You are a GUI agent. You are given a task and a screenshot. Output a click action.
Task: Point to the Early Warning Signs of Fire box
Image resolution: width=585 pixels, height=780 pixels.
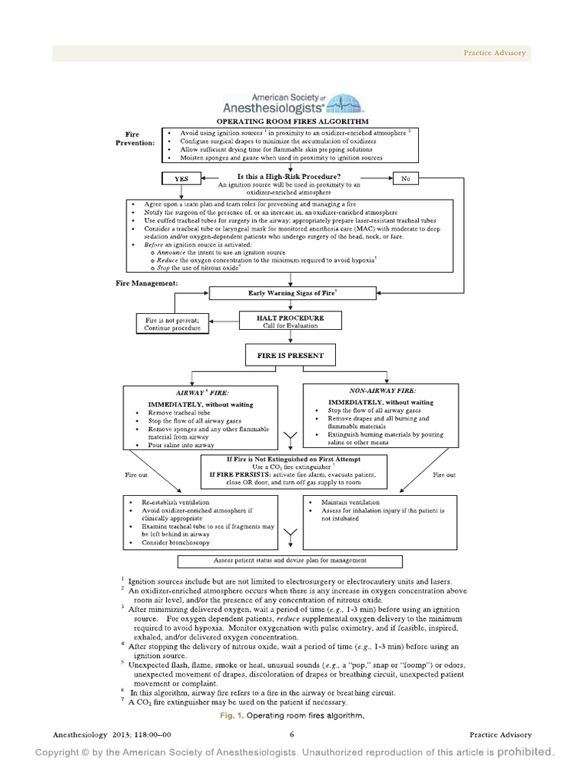click(x=293, y=292)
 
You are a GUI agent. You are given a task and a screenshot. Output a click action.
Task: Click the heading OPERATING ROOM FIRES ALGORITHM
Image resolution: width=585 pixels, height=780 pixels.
click(x=292, y=121)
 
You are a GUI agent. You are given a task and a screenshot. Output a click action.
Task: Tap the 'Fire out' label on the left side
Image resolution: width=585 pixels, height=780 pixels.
click(x=138, y=475)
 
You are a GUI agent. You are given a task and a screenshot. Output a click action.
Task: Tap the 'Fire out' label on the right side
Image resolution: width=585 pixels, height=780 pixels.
click(x=444, y=475)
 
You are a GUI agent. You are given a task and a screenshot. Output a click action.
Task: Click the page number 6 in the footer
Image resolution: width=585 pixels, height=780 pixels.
click(x=292, y=734)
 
